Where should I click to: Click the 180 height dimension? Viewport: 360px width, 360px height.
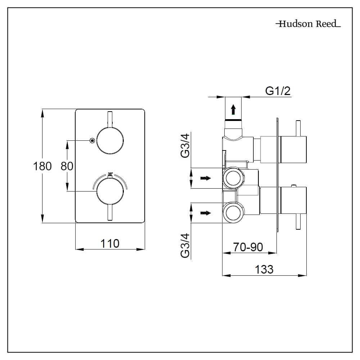pyautogui.click(x=42, y=166)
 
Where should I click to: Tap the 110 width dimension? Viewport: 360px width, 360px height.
pyautogui.click(x=110, y=244)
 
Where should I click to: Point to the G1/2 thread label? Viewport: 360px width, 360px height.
pyautogui.click(x=278, y=91)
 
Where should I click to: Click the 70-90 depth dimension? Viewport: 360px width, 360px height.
pyautogui.click(x=248, y=247)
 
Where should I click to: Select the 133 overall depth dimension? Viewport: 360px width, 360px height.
pyautogui.click(x=264, y=269)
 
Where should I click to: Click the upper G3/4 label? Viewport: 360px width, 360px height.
pyautogui.click(x=185, y=145)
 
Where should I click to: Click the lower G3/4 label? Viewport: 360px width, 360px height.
pyautogui.click(x=185, y=246)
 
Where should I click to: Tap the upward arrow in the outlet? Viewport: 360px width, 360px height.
pyautogui.click(x=233, y=108)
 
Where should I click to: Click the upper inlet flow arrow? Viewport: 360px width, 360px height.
pyautogui.click(x=206, y=178)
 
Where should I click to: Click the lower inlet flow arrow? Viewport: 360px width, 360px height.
pyautogui.click(x=206, y=213)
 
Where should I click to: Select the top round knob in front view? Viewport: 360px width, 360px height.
pyautogui.click(x=110, y=141)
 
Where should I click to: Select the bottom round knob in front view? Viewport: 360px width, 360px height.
pyautogui.click(x=110, y=191)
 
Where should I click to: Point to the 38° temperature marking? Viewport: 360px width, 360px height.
pyautogui.click(x=110, y=174)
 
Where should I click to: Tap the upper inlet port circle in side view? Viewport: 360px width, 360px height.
pyautogui.click(x=233, y=178)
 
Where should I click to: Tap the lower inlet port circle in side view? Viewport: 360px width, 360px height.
pyautogui.click(x=233, y=213)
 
